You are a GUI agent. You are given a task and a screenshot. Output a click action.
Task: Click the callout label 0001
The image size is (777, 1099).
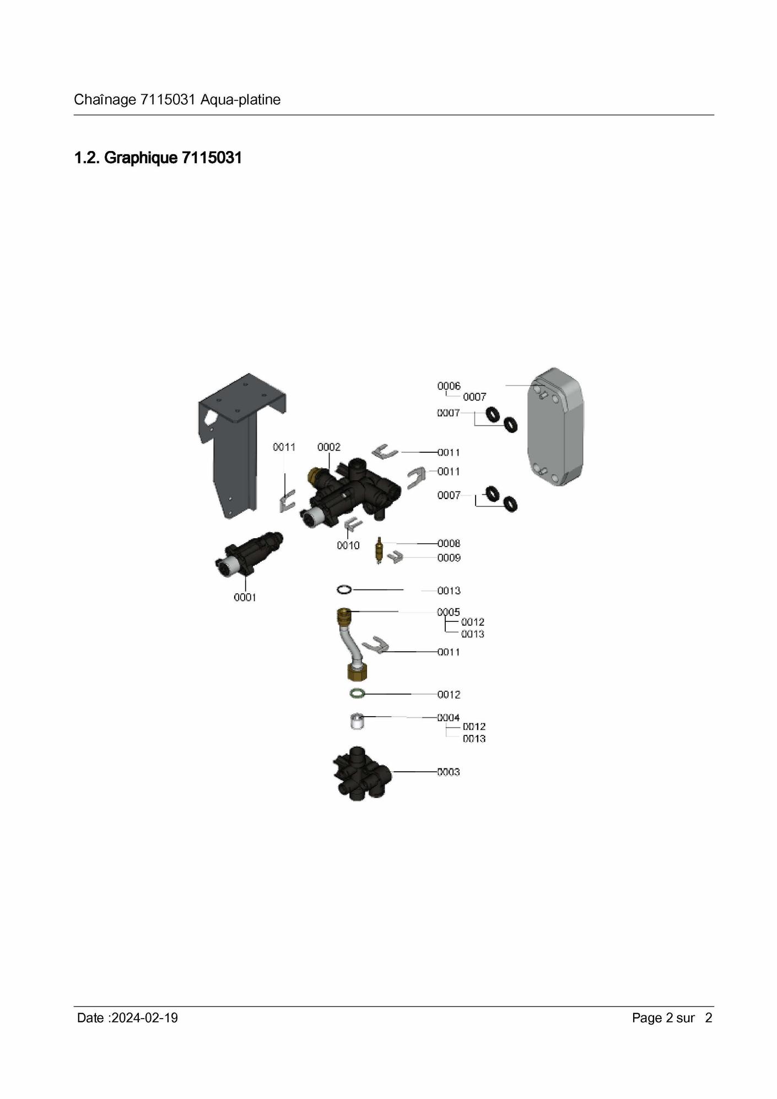tap(245, 597)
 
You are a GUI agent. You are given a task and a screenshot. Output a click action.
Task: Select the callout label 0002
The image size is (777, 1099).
tap(329, 447)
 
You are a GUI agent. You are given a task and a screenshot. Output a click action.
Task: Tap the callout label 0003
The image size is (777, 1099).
tap(449, 772)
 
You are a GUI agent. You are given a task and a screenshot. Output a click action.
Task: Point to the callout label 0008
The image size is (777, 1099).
tap(449, 543)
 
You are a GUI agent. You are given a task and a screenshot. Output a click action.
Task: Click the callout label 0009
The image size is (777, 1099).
tap(449, 557)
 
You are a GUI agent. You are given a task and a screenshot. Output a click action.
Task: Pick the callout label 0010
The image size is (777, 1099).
tap(348, 545)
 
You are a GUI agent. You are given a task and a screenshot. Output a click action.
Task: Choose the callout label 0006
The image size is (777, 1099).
tap(449, 386)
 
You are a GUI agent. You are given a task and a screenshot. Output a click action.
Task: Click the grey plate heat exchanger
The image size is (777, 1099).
tap(555, 426)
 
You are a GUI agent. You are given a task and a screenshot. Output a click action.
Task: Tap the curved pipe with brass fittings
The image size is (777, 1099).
tap(352, 645)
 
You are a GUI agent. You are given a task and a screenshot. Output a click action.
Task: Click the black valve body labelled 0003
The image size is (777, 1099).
tap(361, 773)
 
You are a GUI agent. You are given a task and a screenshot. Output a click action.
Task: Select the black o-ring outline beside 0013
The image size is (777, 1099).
tap(344, 590)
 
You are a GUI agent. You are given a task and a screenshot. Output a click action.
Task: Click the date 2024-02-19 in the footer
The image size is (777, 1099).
tap(144, 1017)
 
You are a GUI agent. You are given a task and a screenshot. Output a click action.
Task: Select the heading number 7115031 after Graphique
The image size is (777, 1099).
tap(212, 158)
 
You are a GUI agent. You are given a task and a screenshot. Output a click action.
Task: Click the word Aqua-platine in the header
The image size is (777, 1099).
tap(241, 100)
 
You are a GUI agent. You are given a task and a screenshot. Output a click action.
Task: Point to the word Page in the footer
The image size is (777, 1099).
tap(647, 1018)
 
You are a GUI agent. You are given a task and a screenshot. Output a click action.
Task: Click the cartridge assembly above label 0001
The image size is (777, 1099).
tap(249, 555)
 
